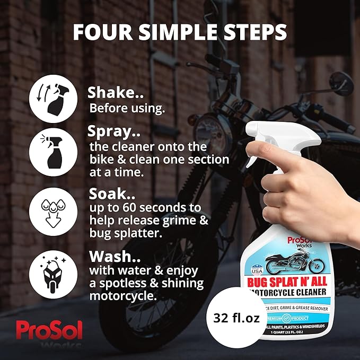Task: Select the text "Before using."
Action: click(127, 108)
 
